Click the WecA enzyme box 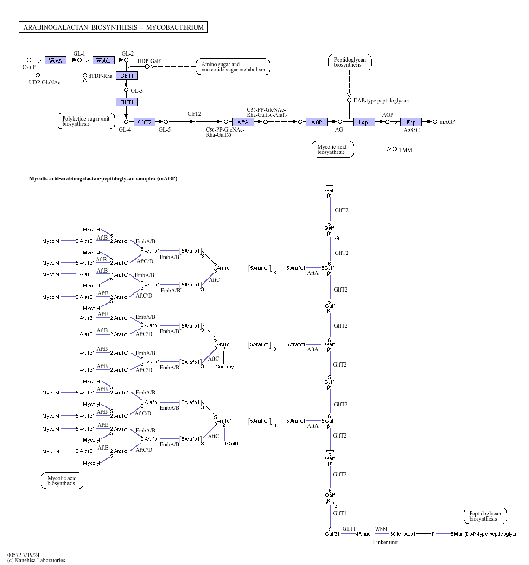click(56, 60)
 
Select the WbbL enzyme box click(103, 60)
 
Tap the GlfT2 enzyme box click(145, 122)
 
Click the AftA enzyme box click(243, 122)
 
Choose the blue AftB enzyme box click(317, 122)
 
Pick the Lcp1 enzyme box click(364, 122)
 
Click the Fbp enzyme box click(411, 122)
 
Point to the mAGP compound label click(447, 122)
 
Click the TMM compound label click(405, 150)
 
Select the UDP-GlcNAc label click(45, 83)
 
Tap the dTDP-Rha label click(100, 76)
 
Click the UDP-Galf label click(149, 61)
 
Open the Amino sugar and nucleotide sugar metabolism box click(233, 67)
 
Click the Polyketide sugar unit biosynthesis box click(86, 121)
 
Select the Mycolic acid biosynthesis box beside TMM click(332, 149)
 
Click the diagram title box click(113, 27)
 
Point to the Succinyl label click(225, 367)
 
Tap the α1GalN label click(229, 444)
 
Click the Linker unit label click(385, 542)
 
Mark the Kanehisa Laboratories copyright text click(36, 560)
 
